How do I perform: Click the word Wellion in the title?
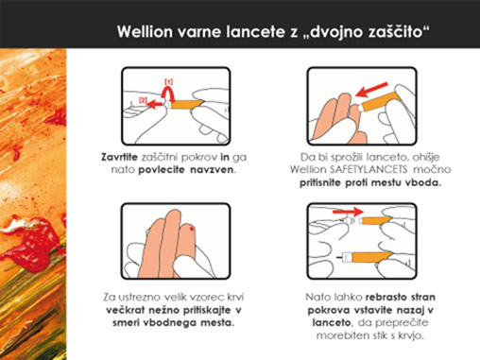[x=145, y=31]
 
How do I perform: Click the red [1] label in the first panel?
[x=169, y=82]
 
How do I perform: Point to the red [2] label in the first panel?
[x=143, y=100]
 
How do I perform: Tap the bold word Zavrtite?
[x=119, y=157]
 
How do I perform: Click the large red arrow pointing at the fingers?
[x=371, y=90]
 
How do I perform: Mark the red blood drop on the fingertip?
[x=192, y=228]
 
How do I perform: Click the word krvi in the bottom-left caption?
[x=235, y=297]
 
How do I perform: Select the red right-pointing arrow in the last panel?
[x=348, y=212]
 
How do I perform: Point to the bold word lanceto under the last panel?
[x=332, y=322]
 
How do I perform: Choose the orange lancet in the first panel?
[x=186, y=104]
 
